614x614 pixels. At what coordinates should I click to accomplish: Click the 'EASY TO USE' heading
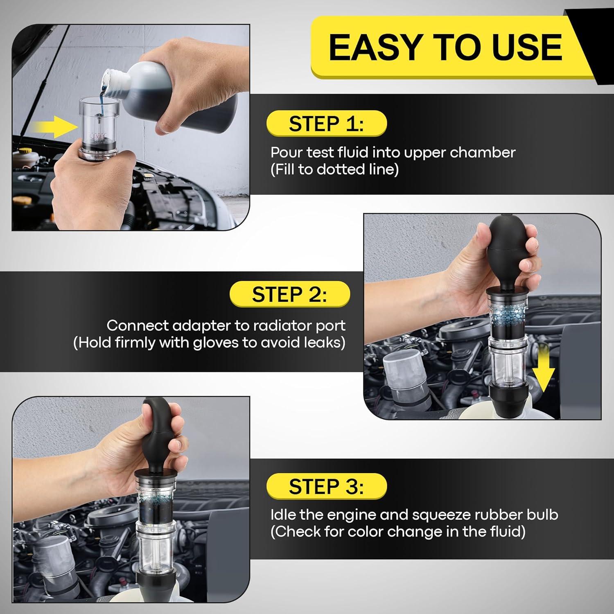point(445,47)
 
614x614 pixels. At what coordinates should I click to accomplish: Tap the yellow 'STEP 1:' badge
point(326,124)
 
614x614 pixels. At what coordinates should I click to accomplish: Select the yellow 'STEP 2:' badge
point(290,294)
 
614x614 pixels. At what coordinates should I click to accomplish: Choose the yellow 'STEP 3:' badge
point(326,487)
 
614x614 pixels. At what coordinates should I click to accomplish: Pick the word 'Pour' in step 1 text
point(287,153)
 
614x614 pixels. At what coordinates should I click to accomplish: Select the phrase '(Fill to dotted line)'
point(334,169)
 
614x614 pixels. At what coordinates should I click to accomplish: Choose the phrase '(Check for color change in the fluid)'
point(398,532)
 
